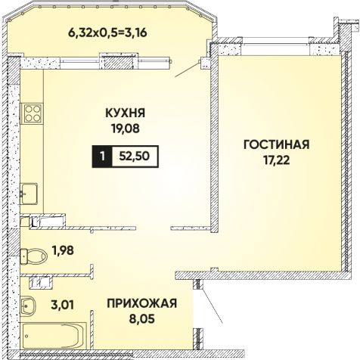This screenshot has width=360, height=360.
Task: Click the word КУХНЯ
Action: (126, 113)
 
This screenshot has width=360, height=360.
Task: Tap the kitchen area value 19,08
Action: (126, 129)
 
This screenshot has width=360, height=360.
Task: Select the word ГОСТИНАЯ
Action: (277, 144)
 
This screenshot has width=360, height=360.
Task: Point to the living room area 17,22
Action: (277, 160)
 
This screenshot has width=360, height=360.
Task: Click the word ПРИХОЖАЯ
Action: (142, 303)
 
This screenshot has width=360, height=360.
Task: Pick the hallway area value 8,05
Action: (142, 318)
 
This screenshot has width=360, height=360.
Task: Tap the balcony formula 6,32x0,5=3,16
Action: (107, 33)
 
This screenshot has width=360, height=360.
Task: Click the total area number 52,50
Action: (135, 157)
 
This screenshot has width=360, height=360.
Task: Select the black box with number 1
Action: (102, 157)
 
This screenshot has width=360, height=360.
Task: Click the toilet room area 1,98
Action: (63, 250)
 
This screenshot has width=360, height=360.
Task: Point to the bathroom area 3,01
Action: (63, 305)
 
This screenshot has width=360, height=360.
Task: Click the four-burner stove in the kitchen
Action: (33, 113)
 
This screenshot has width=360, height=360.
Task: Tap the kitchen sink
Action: (29, 194)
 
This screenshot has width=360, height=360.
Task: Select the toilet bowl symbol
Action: (33, 256)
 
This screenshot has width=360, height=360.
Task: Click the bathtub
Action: (54, 335)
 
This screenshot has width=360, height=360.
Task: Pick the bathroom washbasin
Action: (28, 306)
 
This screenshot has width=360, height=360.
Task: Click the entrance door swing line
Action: (212, 306)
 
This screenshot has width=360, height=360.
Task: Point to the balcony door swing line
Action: (188, 69)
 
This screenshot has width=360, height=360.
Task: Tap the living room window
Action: (276, 45)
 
